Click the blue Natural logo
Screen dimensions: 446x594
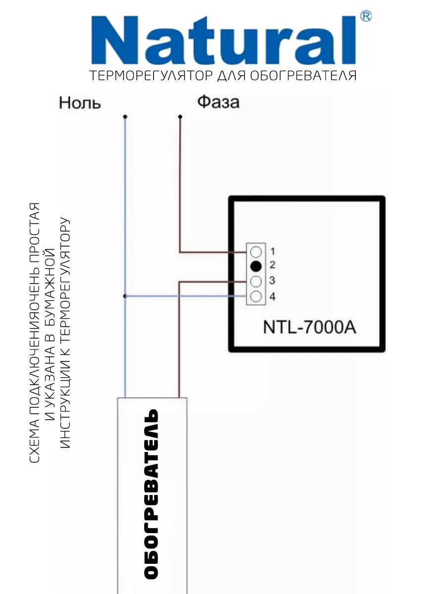[x=223, y=40]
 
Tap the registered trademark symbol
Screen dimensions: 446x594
[x=366, y=16]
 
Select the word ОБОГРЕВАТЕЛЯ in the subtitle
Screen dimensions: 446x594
[x=303, y=76]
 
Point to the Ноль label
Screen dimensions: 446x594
[x=80, y=103]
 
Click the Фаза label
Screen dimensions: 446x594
[x=218, y=102]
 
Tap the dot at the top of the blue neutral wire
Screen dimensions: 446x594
[x=125, y=117]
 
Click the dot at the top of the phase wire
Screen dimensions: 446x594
[x=180, y=117]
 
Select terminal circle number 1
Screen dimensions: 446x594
[x=256, y=252]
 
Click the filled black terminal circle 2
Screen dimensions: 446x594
[x=256, y=266]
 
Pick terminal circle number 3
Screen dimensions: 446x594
[x=256, y=282]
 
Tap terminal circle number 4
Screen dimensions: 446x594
[x=256, y=297]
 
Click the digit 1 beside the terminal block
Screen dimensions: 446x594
[x=273, y=251]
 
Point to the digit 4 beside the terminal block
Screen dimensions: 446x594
[x=273, y=297]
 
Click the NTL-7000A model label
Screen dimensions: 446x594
[x=309, y=327]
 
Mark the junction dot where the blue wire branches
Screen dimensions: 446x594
[x=125, y=296]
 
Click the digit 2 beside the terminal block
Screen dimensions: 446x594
[x=273, y=265]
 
